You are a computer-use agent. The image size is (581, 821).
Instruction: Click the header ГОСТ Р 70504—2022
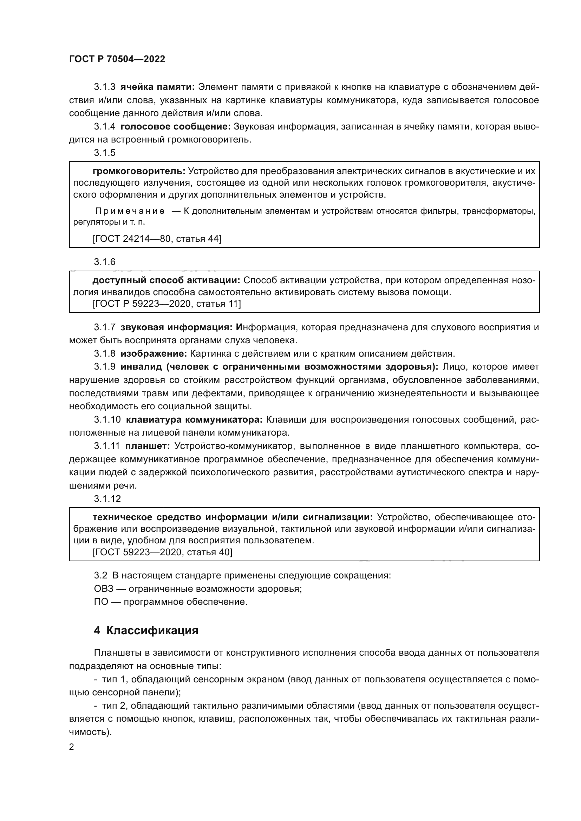[x=117, y=59]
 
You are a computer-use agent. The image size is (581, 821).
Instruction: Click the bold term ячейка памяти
[x=157, y=87]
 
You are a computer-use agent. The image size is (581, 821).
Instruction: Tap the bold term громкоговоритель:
[x=139, y=171]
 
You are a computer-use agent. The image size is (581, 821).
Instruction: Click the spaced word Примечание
[x=130, y=211]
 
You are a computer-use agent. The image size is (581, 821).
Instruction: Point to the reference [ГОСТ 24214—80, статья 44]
[x=157, y=238]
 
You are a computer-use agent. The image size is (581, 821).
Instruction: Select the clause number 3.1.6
[x=104, y=262]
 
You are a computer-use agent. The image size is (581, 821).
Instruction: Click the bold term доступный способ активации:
[x=167, y=280]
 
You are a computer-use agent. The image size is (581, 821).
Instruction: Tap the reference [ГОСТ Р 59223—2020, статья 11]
[x=167, y=304]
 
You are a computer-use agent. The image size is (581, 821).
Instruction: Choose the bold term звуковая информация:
[x=177, y=327]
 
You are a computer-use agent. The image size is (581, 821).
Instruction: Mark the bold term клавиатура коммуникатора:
[x=194, y=419]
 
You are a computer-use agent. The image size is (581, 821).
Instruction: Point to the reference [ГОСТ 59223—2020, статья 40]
[x=162, y=552]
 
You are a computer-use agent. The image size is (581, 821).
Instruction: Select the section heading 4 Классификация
[x=146, y=630]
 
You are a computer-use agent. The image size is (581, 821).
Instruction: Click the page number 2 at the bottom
[x=72, y=747]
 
